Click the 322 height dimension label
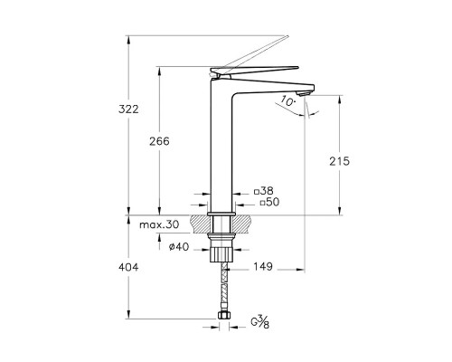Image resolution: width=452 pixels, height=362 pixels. coord(128,109)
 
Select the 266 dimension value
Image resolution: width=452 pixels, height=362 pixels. coord(159,141)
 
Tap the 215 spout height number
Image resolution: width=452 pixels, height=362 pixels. coord(339,161)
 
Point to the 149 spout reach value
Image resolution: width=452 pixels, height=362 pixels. coord(263,266)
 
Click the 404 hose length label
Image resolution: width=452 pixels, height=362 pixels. coord(128,267)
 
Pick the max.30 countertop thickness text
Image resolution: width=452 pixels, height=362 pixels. coord(159,224)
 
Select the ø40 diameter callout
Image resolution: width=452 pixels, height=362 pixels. coord(179,247)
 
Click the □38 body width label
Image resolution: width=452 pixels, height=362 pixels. coord(264,191)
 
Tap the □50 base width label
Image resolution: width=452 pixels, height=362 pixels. coord(269,202)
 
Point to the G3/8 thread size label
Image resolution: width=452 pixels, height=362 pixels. coord(259,321)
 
